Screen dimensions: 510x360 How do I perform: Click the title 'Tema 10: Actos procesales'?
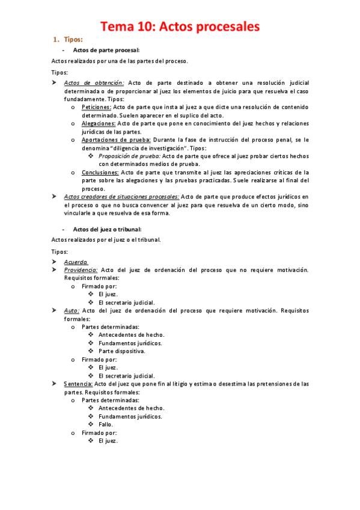click(x=180, y=26)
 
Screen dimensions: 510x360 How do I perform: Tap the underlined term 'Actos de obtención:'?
click(x=94, y=83)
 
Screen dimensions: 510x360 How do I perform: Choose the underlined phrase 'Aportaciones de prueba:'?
click(x=111, y=140)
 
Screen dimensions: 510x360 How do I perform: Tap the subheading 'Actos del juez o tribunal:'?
click(x=108, y=229)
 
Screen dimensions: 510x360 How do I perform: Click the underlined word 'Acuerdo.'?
click(x=76, y=262)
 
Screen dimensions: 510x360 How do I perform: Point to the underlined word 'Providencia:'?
click(x=81, y=270)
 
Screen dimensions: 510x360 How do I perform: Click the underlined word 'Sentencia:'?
click(x=78, y=383)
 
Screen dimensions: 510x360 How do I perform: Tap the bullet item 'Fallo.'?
click(x=106, y=424)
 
